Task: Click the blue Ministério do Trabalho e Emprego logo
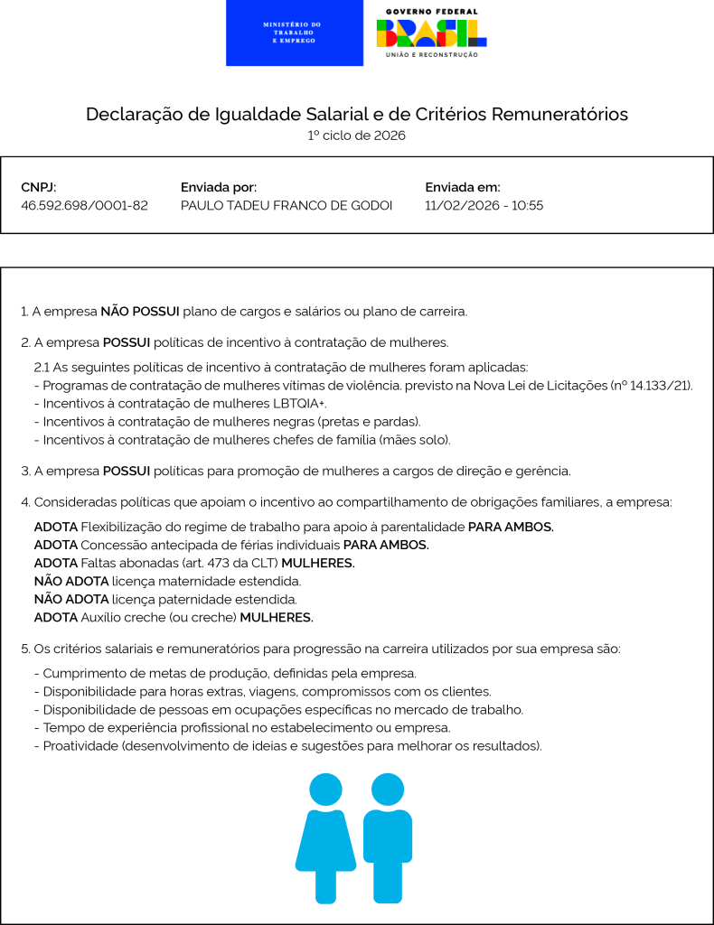tap(295, 33)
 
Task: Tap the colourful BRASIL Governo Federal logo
tap(432, 33)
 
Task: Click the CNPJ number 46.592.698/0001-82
tap(84, 206)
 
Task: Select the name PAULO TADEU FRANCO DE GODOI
tap(287, 206)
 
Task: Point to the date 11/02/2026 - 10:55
tap(484, 206)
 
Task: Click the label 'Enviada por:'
tap(219, 187)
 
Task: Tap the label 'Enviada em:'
tap(462, 187)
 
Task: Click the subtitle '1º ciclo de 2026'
tap(356, 135)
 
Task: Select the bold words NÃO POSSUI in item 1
tap(140, 312)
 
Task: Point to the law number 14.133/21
tap(656, 386)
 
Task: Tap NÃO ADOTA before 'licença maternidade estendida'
tap(71, 581)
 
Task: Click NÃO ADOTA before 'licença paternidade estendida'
tap(71, 599)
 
